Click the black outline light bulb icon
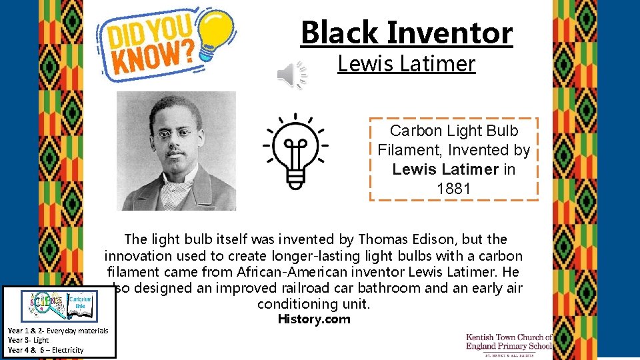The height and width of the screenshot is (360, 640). click(294, 151)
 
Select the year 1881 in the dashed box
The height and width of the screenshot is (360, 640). click(453, 189)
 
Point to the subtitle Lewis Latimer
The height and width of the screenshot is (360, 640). click(406, 64)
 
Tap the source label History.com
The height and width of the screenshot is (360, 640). click(313, 319)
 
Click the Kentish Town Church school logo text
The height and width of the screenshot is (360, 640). click(509, 342)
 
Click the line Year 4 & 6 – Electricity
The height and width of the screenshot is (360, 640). click(45, 350)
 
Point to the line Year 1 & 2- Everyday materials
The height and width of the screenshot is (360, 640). click(57, 331)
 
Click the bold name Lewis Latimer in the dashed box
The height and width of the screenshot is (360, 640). click(445, 169)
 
